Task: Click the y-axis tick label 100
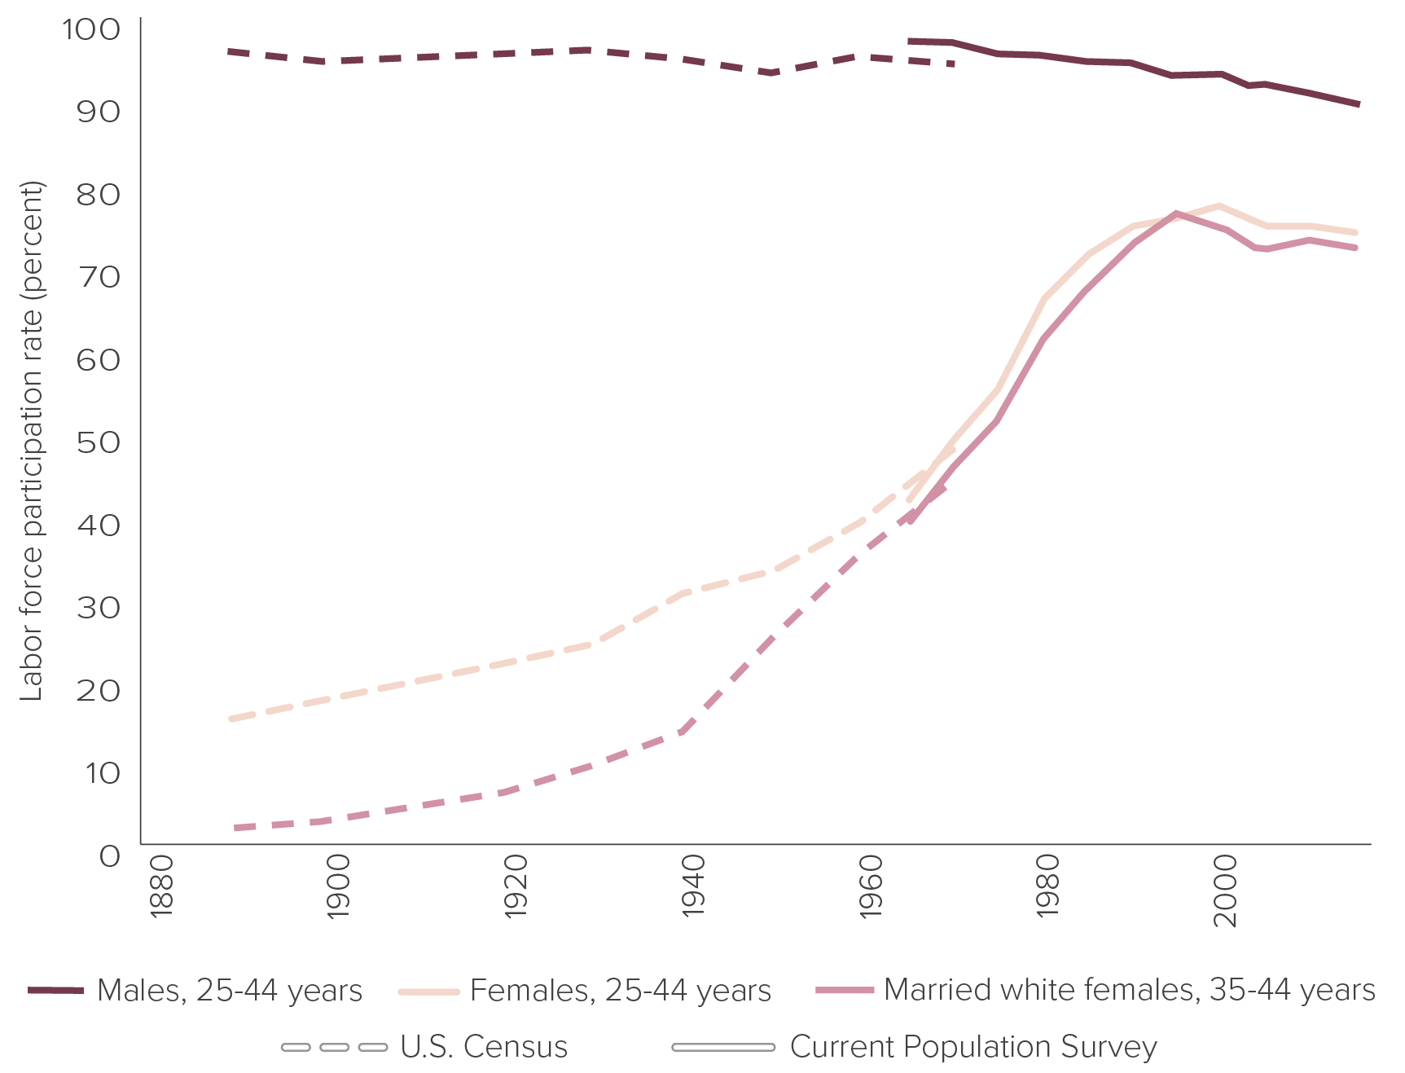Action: click(90, 30)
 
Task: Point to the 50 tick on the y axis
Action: click(98, 442)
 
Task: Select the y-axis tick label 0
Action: click(109, 855)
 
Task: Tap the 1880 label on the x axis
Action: click(161, 887)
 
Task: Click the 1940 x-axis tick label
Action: click(694, 887)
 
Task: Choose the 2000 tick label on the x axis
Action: click(1225, 890)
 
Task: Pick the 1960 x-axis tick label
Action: click(871, 887)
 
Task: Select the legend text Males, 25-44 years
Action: click(230, 991)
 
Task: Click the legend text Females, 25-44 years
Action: click(621, 991)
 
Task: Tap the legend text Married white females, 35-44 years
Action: click(1130, 991)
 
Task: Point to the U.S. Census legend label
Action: click(484, 1047)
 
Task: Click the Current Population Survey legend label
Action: click(973, 1047)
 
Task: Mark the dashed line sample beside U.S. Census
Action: click(334, 1047)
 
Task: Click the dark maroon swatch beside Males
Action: click(55, 991)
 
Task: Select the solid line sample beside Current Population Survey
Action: click(723, 1047)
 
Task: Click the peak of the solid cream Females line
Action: click(1219, 205)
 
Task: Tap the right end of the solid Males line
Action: click(1358, 104)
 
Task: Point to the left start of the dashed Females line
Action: click(231, 719)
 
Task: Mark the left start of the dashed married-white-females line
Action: click(235, 828)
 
